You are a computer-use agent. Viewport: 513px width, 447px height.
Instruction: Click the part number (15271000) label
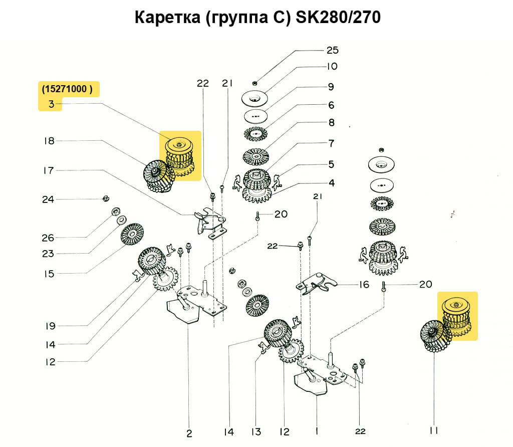[x=68, y=89]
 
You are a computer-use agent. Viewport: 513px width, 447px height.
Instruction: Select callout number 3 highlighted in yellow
[x=51, y=104]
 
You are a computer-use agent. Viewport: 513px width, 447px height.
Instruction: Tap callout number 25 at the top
[x=332, y=50]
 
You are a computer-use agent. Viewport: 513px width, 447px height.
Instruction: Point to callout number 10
[x=332, y=66]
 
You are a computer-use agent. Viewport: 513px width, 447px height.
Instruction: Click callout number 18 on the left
[x=49, y=141]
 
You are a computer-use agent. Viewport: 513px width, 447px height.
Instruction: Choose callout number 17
[x=49, y=170]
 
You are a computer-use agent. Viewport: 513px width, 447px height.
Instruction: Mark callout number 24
[x=48, y=199]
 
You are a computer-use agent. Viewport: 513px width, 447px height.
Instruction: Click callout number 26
[x=48, y=238]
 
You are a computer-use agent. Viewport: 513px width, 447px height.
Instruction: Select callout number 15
[x=48, y=274]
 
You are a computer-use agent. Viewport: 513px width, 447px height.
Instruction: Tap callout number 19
[x=49, y=326]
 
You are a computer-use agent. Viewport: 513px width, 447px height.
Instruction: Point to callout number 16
[x=364, y=285]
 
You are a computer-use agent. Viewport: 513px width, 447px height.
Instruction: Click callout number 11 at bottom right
[x=434, y=430]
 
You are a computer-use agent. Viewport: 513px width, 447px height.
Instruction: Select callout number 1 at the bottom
[x=317, y=430]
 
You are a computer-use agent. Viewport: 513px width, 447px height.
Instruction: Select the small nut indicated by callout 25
[x=255, y=83]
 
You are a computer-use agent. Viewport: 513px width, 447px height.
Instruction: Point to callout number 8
[x=331, y=123]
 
